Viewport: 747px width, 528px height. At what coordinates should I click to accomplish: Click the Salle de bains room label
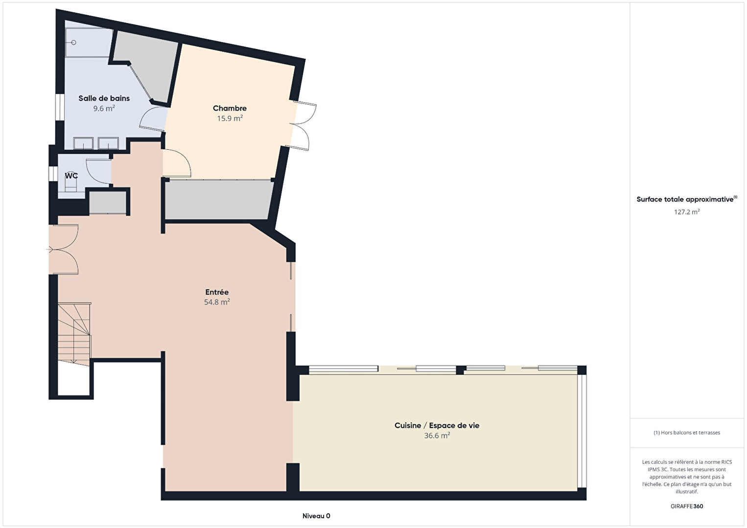click(x=104, y=98)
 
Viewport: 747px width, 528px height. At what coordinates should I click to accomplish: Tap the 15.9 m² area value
click(x=230, y=118)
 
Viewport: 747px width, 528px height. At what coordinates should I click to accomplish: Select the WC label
click(x=71, y=176)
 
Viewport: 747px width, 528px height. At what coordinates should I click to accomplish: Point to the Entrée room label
click(x=217, y=292)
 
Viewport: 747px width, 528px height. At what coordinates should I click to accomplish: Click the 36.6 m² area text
click(x=437, y=436)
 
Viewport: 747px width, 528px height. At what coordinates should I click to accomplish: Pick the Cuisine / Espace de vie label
click(x=437, y=425)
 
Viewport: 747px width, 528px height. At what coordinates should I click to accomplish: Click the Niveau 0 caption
click(x=316, y=516)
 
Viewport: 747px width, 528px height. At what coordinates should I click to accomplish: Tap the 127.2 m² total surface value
click(x=687, y=212)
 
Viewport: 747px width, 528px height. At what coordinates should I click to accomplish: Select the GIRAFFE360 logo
click(x=687, y=506)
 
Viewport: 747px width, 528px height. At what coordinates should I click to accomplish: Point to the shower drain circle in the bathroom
click(x=74, y=43)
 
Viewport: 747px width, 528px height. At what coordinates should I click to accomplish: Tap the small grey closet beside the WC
click(x=107, y=202)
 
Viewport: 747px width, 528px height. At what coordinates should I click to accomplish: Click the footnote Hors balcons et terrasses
click(x=687, y=433)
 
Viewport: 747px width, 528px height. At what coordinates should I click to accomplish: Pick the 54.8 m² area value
click(x=217, y=302)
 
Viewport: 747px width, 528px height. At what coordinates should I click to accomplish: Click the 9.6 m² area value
click(x=104, y=108)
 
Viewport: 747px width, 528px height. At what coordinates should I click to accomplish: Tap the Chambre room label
click(x=230, y=108)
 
